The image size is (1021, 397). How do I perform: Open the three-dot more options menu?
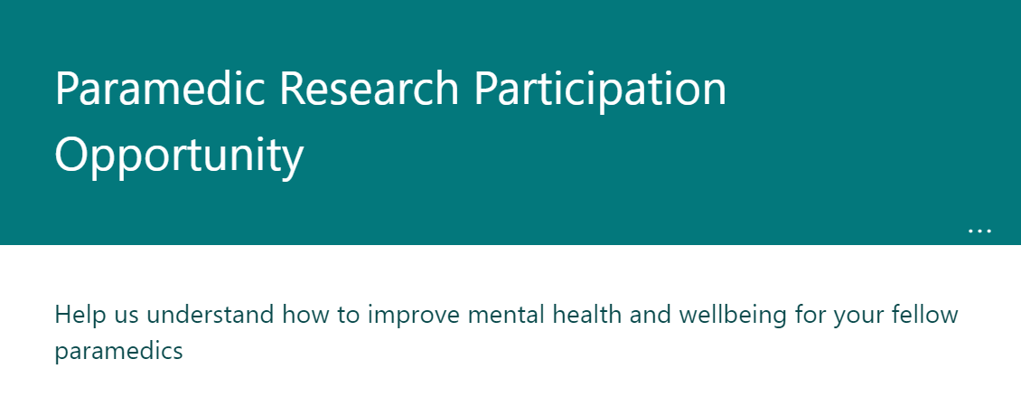point(979,231)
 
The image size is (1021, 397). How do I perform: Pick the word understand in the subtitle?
point(208,316)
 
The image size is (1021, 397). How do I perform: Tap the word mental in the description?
point(506,316)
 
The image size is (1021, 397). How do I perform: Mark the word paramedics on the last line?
point(119,352)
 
